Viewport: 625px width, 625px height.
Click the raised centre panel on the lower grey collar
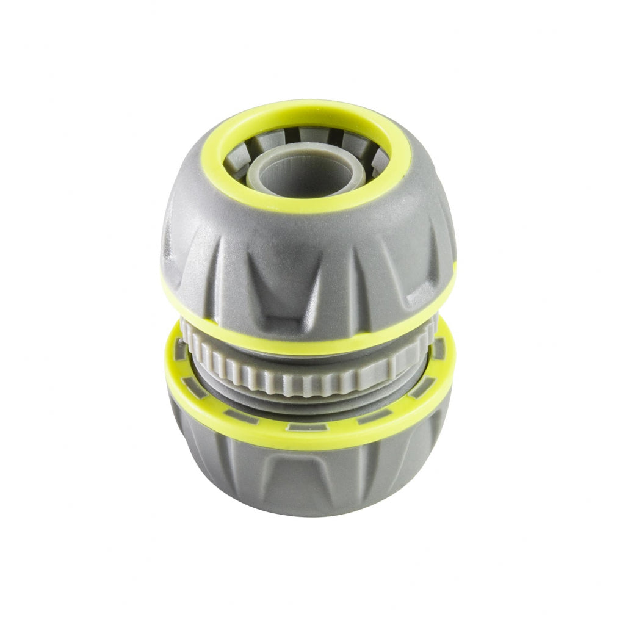tap(305, 482)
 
